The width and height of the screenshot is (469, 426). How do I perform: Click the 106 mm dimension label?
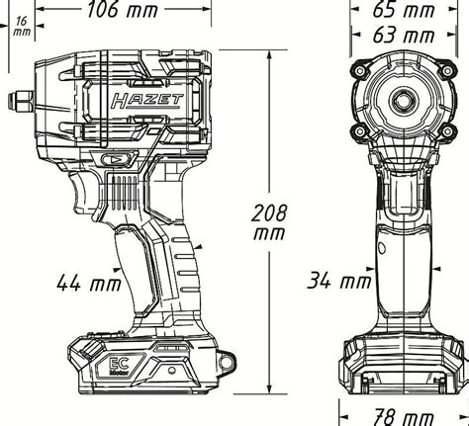[123, 10]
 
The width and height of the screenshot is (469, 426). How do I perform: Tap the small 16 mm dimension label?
[22, 27]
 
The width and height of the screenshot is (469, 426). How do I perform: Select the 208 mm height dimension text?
[269, 223]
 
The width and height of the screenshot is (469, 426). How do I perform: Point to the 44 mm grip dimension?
[89, 283]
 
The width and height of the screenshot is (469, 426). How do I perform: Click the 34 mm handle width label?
[339, 281]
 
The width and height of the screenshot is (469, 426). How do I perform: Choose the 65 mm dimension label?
[403, 10]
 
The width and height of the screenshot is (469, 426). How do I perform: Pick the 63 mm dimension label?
[403, 36]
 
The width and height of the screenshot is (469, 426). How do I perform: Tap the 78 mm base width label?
[403, 417]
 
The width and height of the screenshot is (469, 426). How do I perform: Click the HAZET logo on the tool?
[146, 101]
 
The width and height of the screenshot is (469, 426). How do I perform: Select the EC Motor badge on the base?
[119, 366]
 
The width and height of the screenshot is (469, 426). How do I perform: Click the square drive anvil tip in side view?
[21, 101]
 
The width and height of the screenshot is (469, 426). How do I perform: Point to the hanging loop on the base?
[227, 361]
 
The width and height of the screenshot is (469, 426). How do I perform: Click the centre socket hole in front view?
[403, 101]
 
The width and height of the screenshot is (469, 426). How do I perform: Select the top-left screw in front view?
[360, 71]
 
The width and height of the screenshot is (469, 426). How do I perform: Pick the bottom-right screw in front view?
[447, 131]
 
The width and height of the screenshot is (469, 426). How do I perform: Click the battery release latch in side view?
[91, 348]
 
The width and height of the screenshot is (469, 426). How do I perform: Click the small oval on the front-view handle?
[382, 247]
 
